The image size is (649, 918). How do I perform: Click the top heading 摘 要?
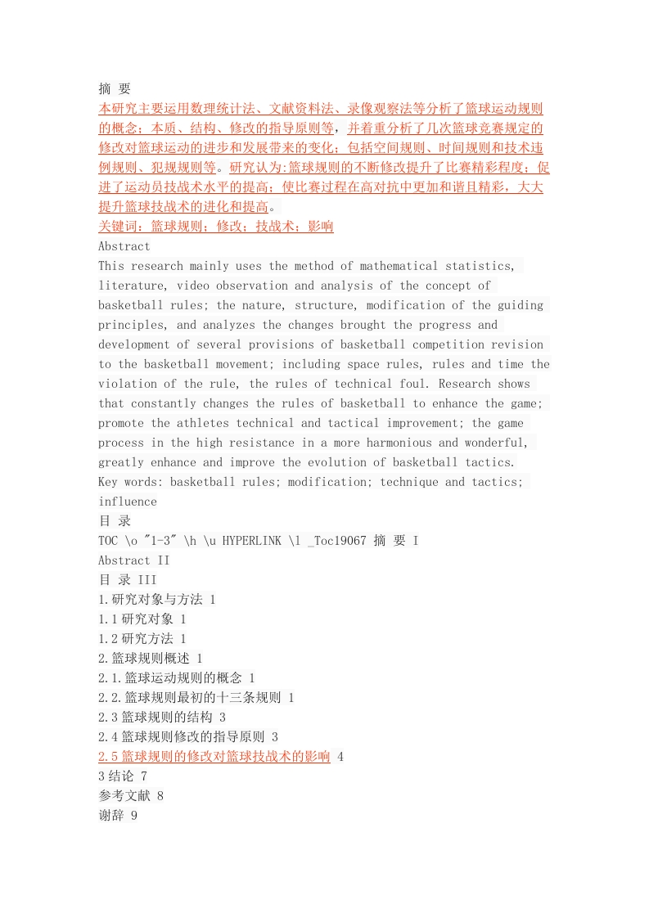click(114, 89)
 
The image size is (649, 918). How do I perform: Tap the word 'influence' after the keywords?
click(128, 502)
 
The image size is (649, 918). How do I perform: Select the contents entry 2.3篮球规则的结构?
click(155, 718)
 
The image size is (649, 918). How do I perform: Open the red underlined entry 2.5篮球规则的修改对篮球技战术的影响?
click(214, 757)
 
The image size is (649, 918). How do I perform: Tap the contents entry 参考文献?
click(124, 796)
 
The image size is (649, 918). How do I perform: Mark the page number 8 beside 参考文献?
click(160, 796)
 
